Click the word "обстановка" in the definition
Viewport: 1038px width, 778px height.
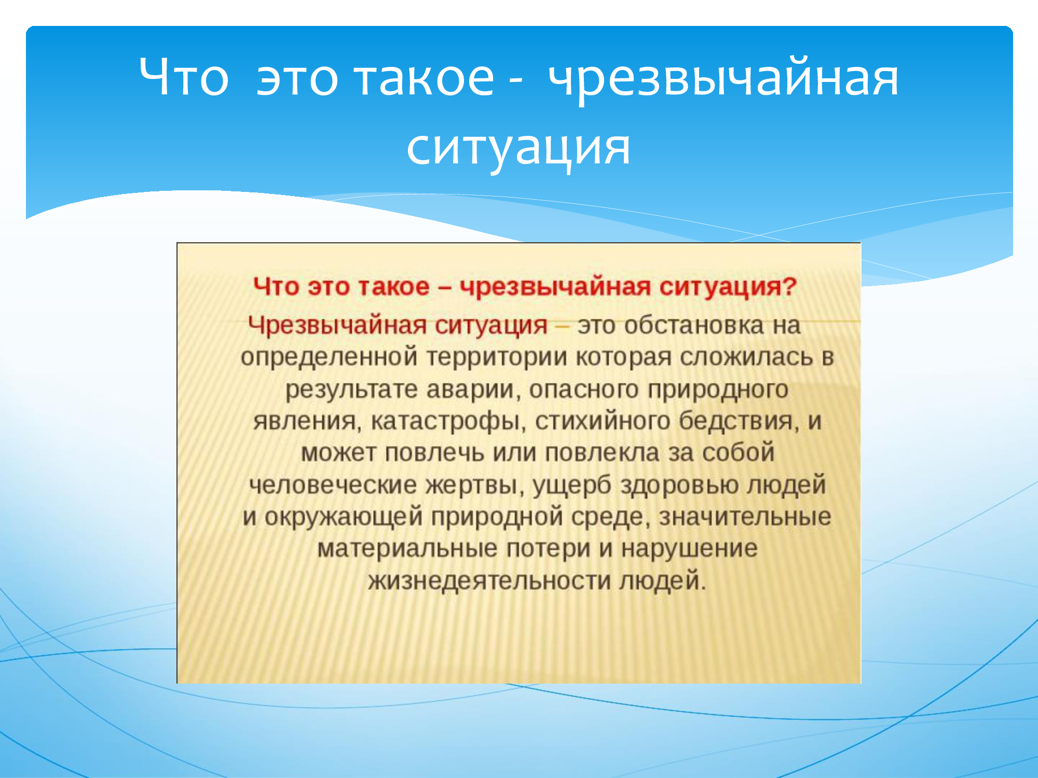coord(694,326)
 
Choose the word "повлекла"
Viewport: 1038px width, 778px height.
coord(602,453)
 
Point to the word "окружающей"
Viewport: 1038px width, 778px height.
coord(343,518)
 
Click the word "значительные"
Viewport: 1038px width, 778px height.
coord(745,518)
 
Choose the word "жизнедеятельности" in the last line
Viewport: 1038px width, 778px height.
coord(489,581)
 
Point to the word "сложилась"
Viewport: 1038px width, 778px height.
coord(746,358)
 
